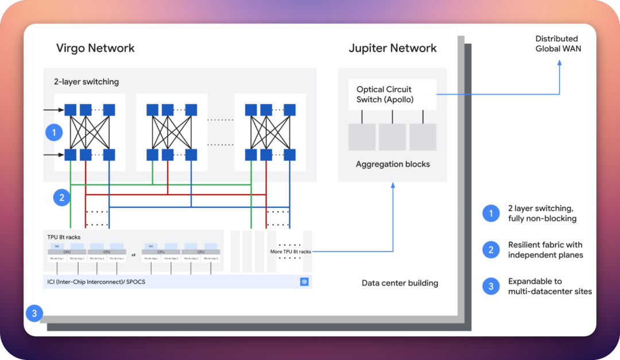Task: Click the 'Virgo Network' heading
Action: tap(95, 48)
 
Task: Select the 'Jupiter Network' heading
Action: tap(393, 48)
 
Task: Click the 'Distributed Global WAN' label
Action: tap(558, 44)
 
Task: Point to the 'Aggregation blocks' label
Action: tap(393, 164)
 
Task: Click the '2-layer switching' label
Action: tap(87, 82)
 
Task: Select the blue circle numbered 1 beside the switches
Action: tap(54, 133)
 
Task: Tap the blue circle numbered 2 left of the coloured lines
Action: tap(61, 198)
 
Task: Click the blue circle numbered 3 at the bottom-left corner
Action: tap(34, 313)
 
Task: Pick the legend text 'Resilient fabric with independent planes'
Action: tap(545, 250)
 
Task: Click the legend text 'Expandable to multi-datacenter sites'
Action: tap(549, 286)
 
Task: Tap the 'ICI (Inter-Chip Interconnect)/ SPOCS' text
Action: tap(97, 282)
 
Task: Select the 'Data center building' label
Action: tap(400, 283)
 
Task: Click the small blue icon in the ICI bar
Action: tap(304, 282)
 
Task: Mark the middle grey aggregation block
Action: tap(392, 137)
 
